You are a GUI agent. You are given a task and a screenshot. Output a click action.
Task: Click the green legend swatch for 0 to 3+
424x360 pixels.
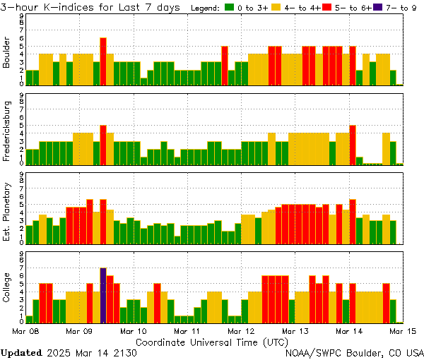point(229,8)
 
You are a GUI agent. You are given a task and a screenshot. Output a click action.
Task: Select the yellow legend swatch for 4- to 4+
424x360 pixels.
point(276,8)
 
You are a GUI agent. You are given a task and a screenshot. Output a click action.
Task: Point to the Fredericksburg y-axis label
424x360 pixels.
point(7,131)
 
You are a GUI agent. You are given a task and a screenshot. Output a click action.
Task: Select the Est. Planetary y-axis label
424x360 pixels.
point(7,211)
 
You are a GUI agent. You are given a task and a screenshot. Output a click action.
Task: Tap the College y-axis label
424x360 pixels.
point(7,290)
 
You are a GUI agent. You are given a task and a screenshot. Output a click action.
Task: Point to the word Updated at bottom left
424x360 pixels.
point(21,352)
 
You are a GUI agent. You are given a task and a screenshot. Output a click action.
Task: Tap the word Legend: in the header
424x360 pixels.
point(206,8)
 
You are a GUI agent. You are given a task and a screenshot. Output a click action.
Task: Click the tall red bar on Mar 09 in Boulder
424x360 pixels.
point(103,61)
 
